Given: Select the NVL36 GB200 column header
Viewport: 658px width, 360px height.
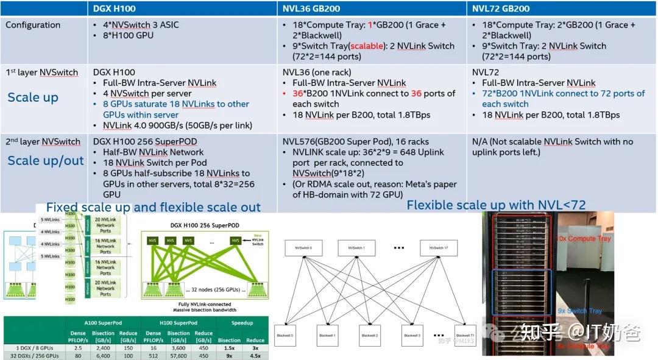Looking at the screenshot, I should click(311, 9).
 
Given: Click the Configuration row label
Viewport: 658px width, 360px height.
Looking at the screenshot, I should click(33, 25).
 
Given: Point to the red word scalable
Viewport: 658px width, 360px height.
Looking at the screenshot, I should click(365, 46).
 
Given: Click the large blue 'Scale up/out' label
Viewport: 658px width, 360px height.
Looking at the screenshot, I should click(46, 161).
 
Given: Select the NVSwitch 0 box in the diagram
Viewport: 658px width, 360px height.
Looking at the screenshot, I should click(305, 248).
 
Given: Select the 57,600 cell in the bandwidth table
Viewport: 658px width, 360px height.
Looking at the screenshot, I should click(179, 355).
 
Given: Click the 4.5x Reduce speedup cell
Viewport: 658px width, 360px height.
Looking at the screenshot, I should click(255, 355).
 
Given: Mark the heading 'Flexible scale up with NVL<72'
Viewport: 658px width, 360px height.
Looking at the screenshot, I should click(496, 205).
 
